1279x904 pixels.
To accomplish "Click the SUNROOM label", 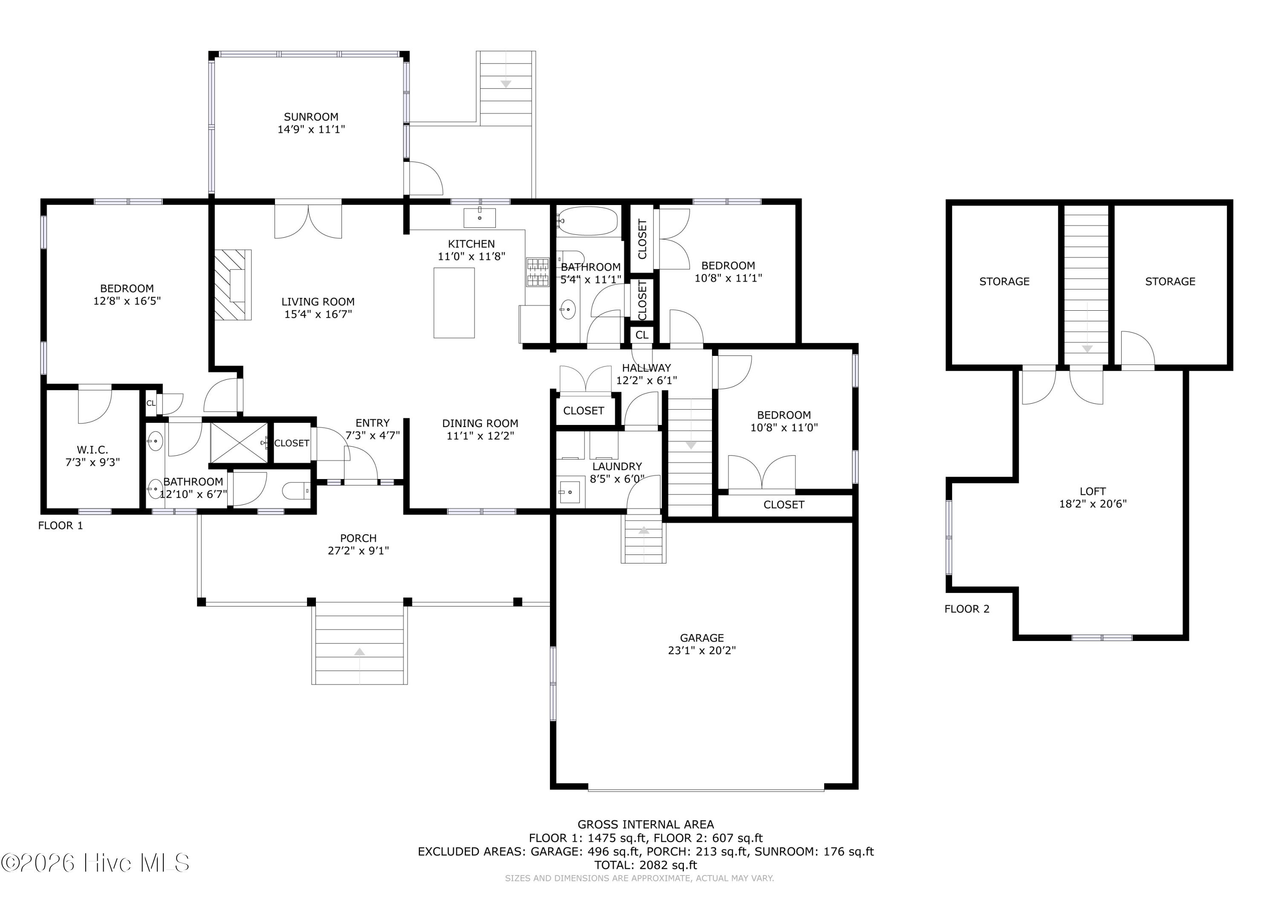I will click(x=311, y=117).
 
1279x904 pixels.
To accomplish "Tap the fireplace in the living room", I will click(x=233, y=285).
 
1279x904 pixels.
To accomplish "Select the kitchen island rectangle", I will click(x=454, y=303).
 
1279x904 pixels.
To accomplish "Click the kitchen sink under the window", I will click(x=480, y=218).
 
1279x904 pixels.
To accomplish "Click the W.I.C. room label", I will click(x=93, y=450).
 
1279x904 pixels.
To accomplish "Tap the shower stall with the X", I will click(x=239, y=442).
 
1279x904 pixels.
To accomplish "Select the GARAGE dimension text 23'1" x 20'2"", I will click(x=701, y=650).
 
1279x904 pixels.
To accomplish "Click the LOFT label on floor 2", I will click(x=1092, y=491).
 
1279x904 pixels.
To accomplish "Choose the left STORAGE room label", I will click(x=1004, y=281).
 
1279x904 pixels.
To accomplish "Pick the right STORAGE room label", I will click(x=1170, y=281).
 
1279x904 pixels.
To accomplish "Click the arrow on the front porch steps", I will click(x=360, y=651).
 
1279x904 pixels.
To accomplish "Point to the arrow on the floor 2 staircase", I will click(x=1087, y=348).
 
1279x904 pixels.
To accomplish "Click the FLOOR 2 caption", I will click(x=966, y=609).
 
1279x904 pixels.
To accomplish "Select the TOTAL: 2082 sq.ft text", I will click(x=645, y=865).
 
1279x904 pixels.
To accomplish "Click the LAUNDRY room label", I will click(x=616, y=466).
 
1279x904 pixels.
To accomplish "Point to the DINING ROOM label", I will click(x=480, y=423).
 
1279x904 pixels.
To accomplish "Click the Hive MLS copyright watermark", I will click(x=95, y=863).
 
